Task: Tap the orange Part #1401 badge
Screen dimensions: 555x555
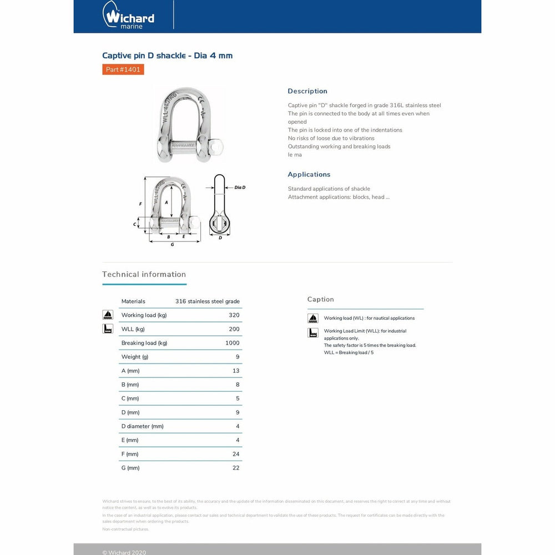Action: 123,69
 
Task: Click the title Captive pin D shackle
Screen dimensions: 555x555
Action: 167,56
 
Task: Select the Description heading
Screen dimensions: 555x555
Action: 307,91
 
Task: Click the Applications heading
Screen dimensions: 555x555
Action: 309,174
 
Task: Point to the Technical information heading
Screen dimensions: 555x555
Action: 144,274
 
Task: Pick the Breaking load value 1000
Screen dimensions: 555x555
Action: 232,343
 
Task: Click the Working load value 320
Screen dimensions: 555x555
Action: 234,315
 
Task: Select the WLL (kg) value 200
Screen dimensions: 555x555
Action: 234,329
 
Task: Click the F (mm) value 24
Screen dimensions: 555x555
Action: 236,454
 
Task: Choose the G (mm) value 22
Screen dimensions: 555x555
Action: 236,468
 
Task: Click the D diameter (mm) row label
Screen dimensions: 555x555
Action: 142,426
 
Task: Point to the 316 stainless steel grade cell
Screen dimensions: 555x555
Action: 207,301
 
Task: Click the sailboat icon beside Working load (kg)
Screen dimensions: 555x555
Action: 108,315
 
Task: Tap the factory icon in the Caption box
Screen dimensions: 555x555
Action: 313,333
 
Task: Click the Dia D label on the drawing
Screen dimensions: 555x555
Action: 240,188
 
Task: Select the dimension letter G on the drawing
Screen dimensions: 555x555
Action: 173,245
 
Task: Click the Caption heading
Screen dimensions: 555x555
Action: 320,299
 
